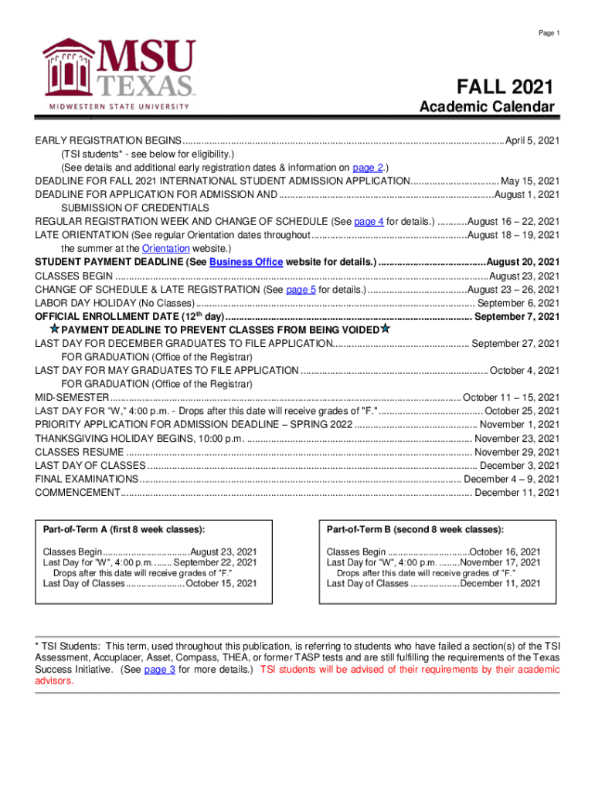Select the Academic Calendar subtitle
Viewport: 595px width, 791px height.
point(487,107)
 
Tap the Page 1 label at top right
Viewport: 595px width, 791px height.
point(549,32)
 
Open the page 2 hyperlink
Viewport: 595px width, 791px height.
point(368,168)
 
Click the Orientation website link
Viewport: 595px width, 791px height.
point(166,248)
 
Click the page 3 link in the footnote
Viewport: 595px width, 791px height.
point(160,670)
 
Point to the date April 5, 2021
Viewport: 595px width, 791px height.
point(532,141)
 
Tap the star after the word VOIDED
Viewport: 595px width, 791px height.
point(385,329)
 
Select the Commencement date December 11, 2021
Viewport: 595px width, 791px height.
point(516,493)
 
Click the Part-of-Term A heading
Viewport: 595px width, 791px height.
point(124,529)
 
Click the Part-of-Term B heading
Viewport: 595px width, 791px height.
point(415,529)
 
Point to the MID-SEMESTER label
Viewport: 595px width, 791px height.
point(72,397)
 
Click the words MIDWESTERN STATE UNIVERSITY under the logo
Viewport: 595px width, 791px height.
point(121,107)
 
